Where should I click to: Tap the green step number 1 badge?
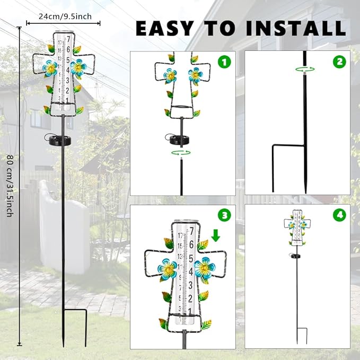click(x=226, y=62)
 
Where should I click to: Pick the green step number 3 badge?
click(x=226, y=215)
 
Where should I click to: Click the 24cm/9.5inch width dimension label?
click(x=62, y=16)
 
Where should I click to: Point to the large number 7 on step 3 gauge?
click(x=192, y=232)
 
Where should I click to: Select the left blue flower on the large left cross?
click(x=50, y=68)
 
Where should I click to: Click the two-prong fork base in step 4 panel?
click(x=301, y=335)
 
